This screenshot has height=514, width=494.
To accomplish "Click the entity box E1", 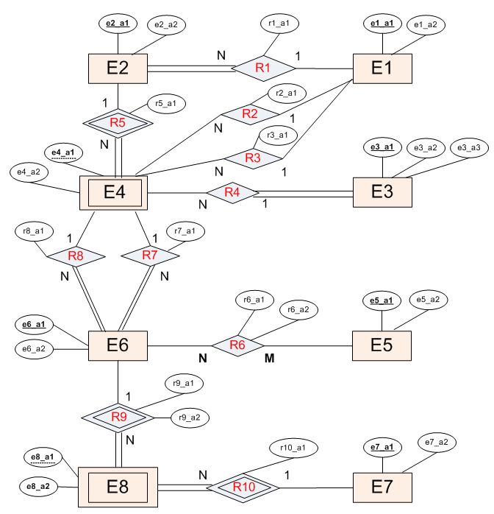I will tap(382, 68).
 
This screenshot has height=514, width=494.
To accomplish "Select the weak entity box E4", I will tap(114, 193).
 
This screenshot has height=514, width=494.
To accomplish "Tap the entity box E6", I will tap(118, 345).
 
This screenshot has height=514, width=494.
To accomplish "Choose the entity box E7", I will tap(382, 487).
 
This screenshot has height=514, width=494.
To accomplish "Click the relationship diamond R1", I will tap(263, 68).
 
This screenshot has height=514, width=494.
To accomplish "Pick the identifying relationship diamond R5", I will tap(118, 123).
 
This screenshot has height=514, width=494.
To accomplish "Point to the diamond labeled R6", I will tap(237, 345).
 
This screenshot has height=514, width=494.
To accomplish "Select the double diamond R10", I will tap(243, 487).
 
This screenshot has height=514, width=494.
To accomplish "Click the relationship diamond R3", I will tap(252, 158).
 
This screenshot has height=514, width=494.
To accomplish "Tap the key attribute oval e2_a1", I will tap(118, 24).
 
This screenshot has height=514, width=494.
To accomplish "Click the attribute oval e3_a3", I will tap(468, 148).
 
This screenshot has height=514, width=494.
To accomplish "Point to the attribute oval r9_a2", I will tap(190, 418).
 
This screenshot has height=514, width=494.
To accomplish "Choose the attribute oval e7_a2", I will tap(437, 442).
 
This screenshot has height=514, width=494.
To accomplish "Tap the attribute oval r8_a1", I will tap(35, 231).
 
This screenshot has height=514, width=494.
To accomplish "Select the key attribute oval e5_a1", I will tap(381, 300).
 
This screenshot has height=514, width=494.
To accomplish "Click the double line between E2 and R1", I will tap(190, 68).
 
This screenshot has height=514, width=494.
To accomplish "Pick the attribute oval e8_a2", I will tap(38, 486).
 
